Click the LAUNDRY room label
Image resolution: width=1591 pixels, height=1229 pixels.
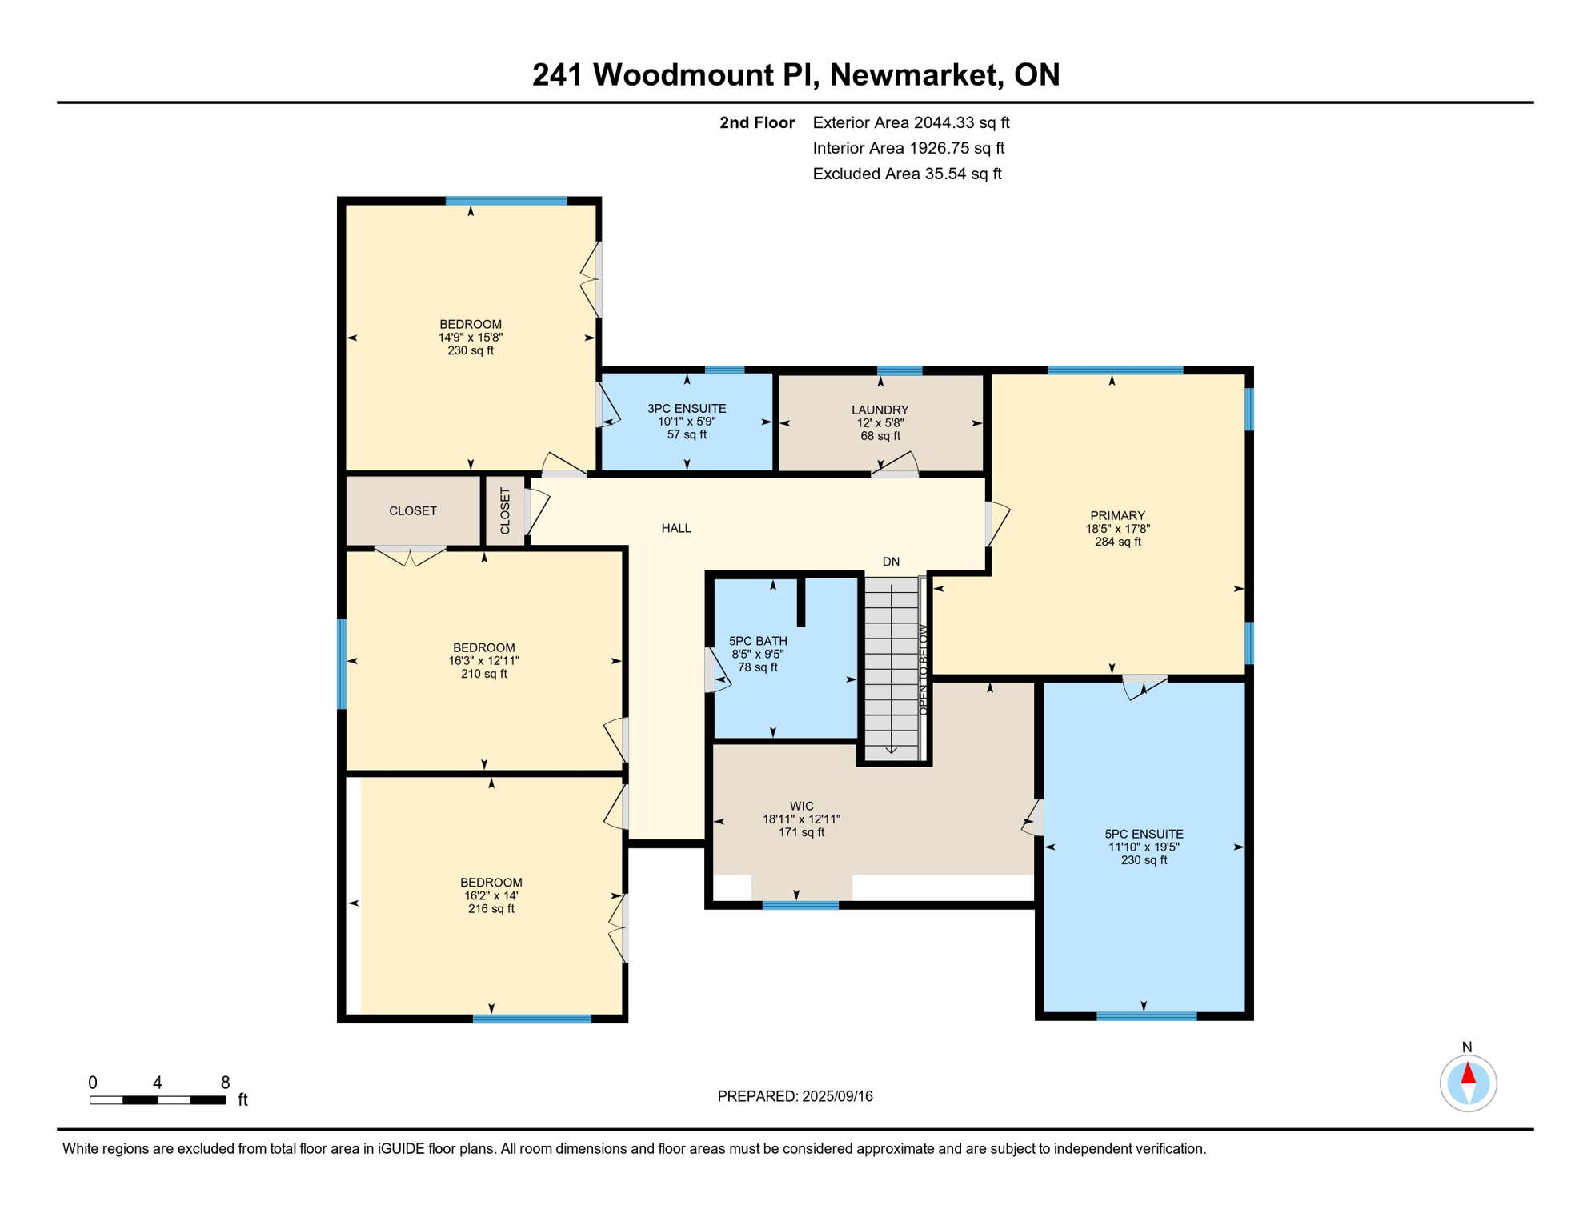click(880, 410)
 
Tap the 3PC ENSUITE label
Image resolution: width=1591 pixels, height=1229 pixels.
click(687, 409)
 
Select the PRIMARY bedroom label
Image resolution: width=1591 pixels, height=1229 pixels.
click(1117, 515)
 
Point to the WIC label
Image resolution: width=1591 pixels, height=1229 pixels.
click(801, 807)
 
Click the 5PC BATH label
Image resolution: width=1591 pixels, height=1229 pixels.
click(758, 641)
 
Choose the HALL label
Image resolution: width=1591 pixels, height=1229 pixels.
click(676, 528)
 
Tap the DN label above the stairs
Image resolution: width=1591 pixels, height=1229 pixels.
click(891, 562)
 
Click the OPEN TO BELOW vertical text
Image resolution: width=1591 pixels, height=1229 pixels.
click(923, 670)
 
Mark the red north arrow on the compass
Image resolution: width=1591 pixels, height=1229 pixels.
click(1468, 1073)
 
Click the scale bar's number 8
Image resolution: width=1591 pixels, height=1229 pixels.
click(226, 1083)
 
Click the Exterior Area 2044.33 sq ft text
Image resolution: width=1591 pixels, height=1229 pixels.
click(911, 122)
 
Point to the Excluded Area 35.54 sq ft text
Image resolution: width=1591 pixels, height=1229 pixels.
click(907, 174)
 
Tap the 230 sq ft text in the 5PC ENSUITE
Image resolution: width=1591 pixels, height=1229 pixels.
click(1144, 860)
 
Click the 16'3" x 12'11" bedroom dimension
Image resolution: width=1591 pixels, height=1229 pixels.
click(483, 661)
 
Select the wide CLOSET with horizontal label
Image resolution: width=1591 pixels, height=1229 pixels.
click(413, 510)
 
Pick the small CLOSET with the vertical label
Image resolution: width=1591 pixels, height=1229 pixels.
click(505, 511)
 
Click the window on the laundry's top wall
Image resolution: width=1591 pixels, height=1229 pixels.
click(900, 370)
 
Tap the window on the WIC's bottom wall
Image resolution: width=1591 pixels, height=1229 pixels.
click(800, 905)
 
